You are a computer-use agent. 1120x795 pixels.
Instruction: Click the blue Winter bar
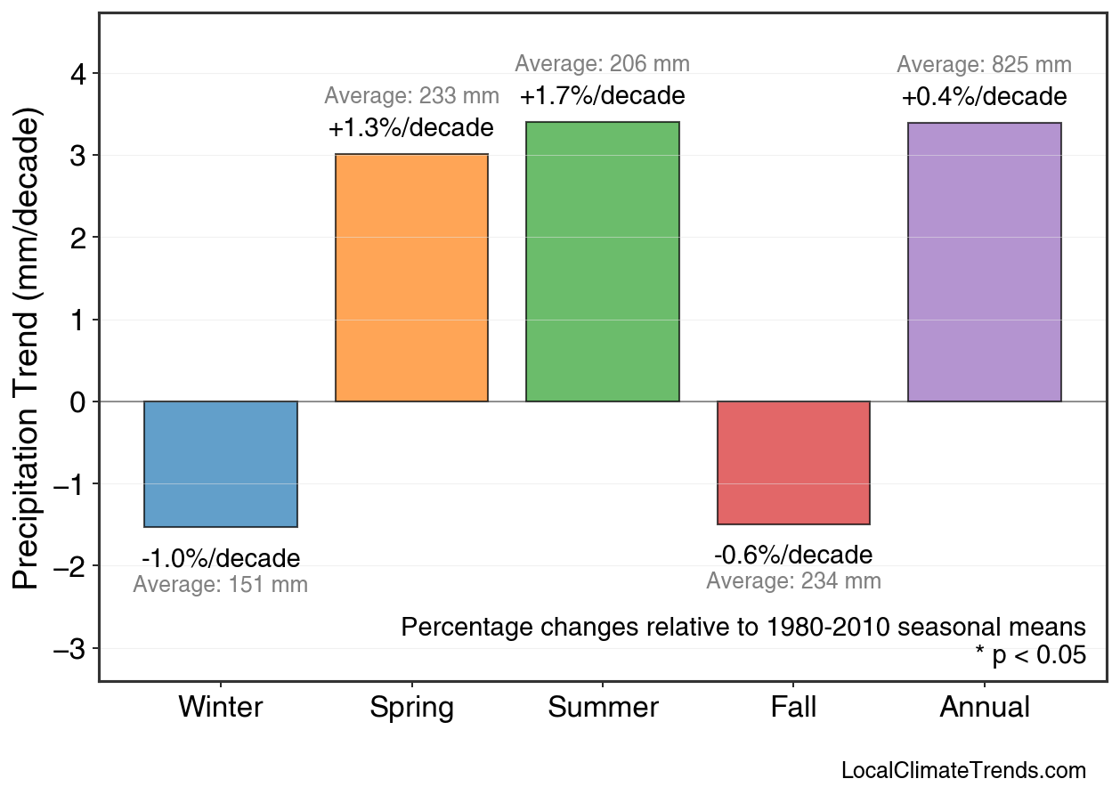221,464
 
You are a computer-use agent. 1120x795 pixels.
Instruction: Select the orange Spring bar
411,278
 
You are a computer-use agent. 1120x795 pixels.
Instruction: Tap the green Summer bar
603,262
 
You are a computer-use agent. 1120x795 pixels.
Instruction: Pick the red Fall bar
793,462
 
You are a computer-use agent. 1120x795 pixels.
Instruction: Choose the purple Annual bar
984,263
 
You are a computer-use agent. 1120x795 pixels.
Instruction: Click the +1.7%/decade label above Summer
603,95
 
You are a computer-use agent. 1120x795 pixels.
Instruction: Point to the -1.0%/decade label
221,559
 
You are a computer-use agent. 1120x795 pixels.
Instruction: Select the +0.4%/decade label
984,96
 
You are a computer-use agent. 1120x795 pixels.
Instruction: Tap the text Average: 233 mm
411,96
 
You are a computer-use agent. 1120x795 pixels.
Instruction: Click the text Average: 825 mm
984,65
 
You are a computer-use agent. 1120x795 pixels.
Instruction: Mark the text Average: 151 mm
221,586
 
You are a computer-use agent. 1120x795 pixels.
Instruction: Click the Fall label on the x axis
793,708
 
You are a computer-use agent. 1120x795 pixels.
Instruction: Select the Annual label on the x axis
984,708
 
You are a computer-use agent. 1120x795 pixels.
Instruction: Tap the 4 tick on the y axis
78,73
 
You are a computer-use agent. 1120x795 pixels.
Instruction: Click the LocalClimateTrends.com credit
963,770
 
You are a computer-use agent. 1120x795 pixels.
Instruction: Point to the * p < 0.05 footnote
1030,655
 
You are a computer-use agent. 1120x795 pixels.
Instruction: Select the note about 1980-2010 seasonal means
743,627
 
